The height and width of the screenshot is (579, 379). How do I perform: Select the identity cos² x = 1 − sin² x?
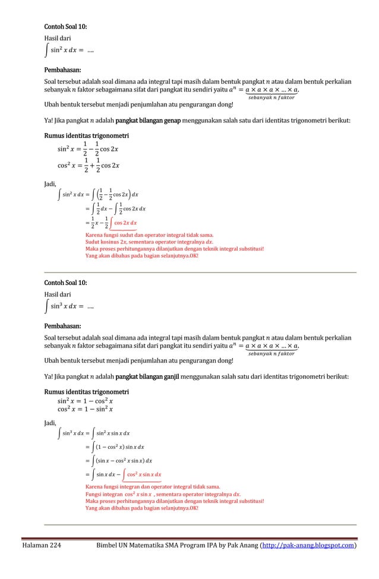pos(85,409)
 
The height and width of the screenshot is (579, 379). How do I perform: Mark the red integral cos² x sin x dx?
pos(140,474)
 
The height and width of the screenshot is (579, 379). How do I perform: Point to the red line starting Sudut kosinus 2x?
pos(142,242)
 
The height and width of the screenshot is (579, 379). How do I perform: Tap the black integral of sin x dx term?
pos(108,474)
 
